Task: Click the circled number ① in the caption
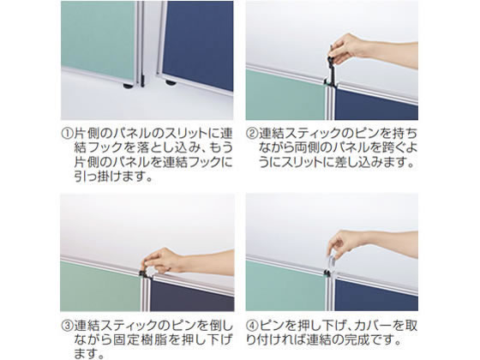click(68, 135)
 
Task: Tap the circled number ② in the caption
click(253, 135)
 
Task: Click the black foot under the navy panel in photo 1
click(170, 84)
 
